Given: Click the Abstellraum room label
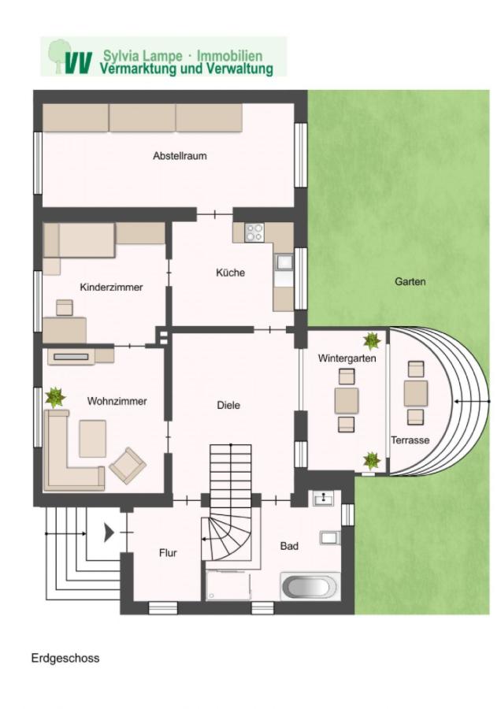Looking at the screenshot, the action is click(180, 156).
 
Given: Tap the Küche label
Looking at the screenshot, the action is click(230, 273).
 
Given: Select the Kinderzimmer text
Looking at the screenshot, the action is click(111, 287).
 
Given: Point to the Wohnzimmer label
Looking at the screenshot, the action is click(117, 401).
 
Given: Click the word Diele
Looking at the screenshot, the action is click(228, 405).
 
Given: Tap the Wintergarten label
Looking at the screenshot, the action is click(347, 358).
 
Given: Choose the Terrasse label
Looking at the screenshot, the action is click(410, 440).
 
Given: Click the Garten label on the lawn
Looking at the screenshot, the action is click(410, 282).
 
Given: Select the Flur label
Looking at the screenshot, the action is click(168, 553).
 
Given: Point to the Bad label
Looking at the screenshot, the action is click(289, 546).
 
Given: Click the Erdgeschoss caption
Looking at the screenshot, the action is click(65, 658).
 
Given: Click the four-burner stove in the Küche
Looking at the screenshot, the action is click(254, 232).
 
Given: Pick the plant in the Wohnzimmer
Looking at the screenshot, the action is click(55, 398).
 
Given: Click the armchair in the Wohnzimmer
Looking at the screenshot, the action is click(128, 466).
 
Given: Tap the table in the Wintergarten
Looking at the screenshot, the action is click(347, 401).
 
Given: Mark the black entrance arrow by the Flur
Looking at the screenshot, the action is click(109, 533).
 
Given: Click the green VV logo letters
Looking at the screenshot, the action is click(78, 63).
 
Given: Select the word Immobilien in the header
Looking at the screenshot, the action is click(230, 56).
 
